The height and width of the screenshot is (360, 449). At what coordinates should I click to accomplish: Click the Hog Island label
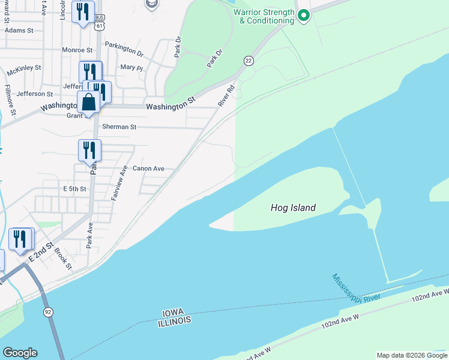(x=293, y=208)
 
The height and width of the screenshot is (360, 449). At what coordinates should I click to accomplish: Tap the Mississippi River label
(x=356, y=286)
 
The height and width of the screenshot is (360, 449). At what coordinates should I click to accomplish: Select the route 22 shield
(x=248, y=61)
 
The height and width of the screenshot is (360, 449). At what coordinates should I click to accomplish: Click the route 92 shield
(x=48, y=312)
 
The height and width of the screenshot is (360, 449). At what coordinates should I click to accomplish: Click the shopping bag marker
(x=89, y=103)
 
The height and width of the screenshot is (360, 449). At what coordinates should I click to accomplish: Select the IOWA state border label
(x=176, y=313)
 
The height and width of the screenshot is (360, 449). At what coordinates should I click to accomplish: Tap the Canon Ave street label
(x=148, y=169)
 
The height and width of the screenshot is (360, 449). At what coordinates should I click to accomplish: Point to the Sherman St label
(x=119, y=127)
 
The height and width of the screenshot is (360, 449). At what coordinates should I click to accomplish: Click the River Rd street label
(x=226, y=96)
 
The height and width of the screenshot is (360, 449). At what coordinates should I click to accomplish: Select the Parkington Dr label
(x=124, y=49)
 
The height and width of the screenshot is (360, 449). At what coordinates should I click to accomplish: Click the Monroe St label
(x=77, y=50)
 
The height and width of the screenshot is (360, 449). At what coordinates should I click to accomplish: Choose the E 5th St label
(x=75, y=188)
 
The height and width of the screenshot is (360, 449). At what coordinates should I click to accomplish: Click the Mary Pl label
(x=131, y=68)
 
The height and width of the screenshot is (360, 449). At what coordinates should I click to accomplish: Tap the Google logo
(x=20, y=353)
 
